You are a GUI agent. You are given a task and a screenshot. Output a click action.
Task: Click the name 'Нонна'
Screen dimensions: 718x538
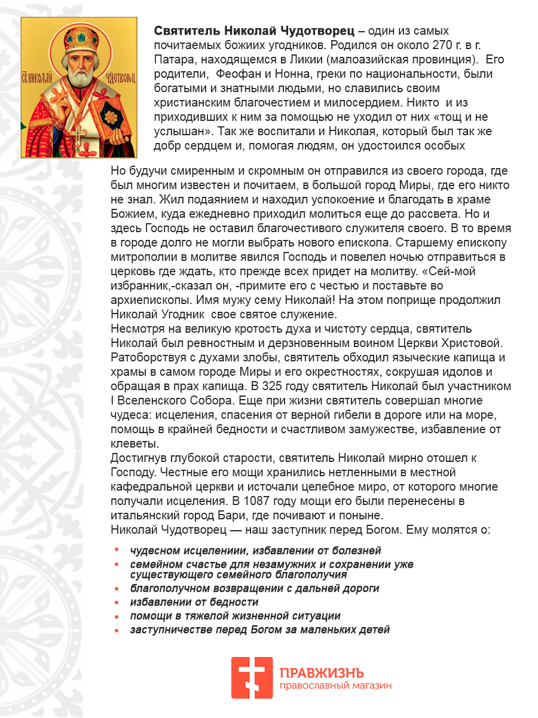[x=299, y=74]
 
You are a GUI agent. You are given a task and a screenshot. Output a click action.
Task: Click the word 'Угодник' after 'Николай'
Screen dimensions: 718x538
[x=182, y=315]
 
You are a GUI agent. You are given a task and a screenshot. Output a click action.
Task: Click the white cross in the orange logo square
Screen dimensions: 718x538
[x=252, y=678]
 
